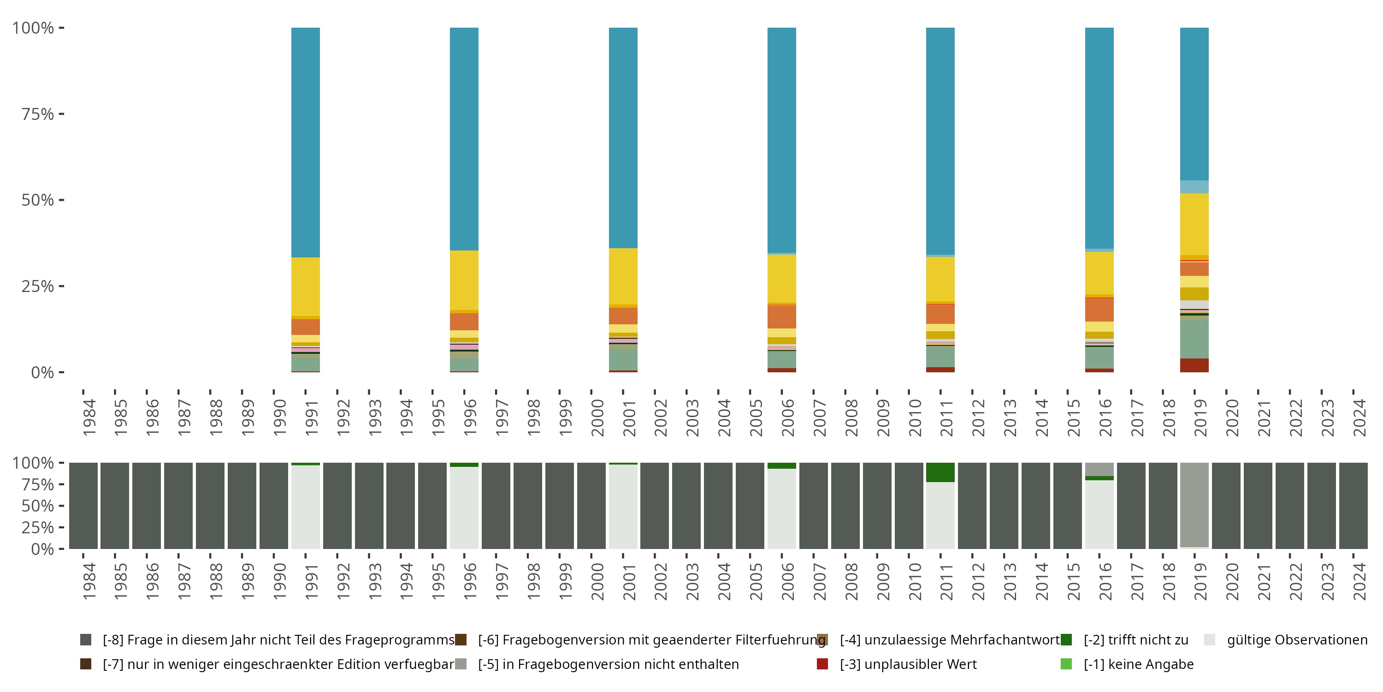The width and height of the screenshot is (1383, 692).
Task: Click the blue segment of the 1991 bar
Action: click(306, 143)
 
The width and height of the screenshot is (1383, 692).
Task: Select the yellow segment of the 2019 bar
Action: click(1194, 223)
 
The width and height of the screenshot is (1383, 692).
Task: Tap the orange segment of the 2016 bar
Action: click(1099, 310)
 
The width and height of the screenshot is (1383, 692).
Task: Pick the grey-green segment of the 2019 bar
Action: click(1194, 339)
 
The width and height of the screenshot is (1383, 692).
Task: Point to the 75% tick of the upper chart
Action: click(61, 114)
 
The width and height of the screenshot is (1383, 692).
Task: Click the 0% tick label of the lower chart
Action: click(42, 549)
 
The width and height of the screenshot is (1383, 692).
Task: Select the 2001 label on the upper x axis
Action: click(629, 418)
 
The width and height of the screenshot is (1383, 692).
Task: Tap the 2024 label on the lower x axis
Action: click(1359, 581)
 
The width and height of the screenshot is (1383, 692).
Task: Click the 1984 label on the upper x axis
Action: click(89, 418)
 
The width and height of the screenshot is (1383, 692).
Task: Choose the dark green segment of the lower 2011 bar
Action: click(940, 472)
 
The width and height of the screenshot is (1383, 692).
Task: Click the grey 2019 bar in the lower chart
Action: click(1194, 505)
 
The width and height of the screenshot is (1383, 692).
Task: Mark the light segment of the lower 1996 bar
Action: click(464, 508)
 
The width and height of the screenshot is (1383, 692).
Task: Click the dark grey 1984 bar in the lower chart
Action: click(83, 506)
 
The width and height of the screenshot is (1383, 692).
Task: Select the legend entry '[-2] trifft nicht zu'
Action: click(1135, 640)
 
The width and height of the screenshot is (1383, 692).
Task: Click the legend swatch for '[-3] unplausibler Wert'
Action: click(822, 664)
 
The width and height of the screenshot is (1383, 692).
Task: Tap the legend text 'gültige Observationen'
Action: click(1296, 640)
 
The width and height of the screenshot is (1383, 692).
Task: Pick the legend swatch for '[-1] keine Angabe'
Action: click(1066, 664)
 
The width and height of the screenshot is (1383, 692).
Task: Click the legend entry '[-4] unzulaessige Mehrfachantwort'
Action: click(949, 640)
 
